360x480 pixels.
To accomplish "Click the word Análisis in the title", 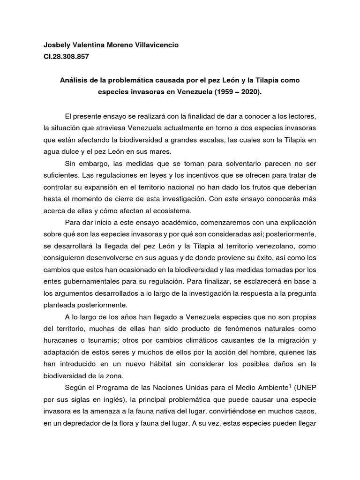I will click(74, 80).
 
